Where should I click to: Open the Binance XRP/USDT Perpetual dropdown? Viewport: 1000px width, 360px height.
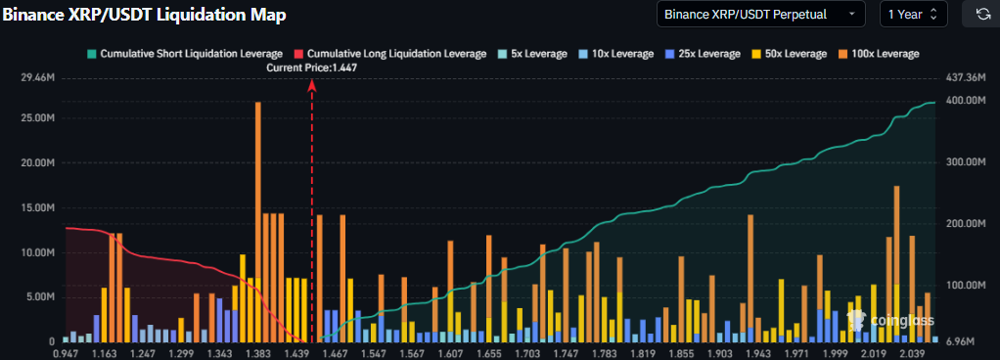pyautogui.click(x=760, y=14)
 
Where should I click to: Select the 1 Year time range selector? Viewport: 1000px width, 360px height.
pyautogui.click(x=913, y=14)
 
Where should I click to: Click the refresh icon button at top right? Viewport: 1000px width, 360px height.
pyautogui.click(x=981, y=14)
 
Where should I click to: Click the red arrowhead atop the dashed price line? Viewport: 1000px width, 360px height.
pyautogui.click(x=312, y=85)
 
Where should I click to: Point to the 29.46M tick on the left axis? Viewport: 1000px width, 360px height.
pyautogui.click(x=36, y=77)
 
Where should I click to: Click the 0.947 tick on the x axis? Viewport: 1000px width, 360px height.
pyautogui.click(x=66, y=352)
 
